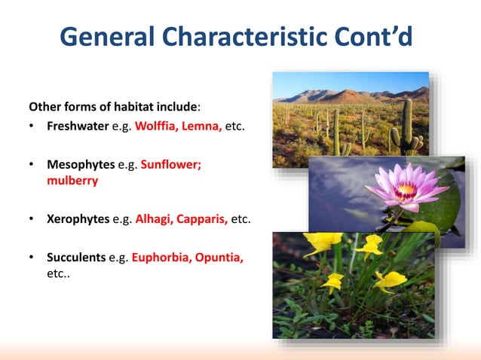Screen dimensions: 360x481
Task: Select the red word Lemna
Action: (x=202, y=125)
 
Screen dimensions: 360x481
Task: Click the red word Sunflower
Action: (x=171, y=163)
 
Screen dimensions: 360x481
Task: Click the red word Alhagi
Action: (x=154, y=219)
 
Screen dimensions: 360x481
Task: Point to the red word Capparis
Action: (x=202, y=219)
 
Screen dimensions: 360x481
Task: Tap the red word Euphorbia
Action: (x=160, y=258)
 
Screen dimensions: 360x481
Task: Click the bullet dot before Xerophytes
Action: (x=32, y=220)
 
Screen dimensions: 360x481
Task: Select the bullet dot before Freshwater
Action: (x=32, y=126)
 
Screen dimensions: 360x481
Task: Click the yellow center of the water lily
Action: (x=406, y=189)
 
